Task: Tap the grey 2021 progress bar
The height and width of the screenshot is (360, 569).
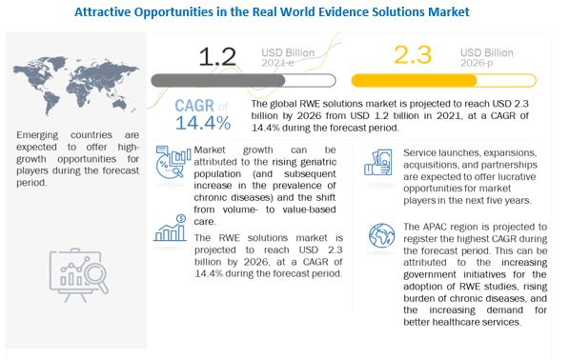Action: point(243,80)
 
